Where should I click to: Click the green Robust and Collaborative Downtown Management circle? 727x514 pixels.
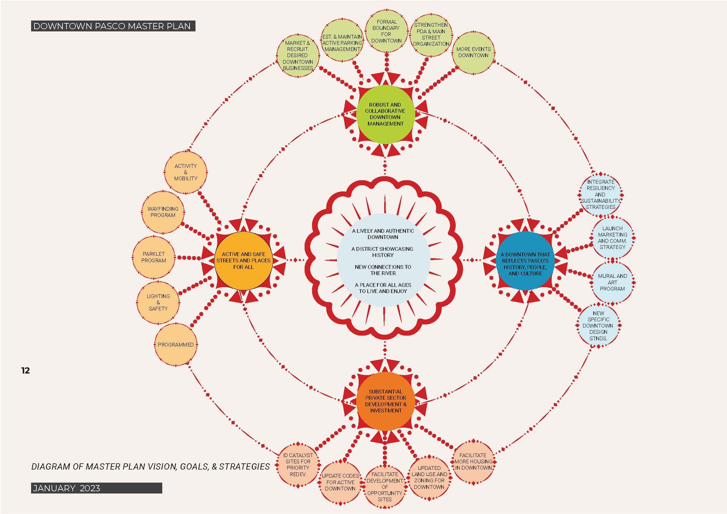[385, 114]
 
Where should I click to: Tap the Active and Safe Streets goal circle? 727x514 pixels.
[243, 260]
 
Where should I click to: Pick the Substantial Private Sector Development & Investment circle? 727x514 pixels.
[385, 401]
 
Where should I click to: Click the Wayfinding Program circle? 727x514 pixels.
[163, 212]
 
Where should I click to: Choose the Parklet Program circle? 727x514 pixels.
[154, 257]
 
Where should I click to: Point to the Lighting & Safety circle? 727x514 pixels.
[158, 302]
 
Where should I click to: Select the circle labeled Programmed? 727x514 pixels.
[175, 345]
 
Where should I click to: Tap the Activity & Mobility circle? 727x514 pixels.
[186, 172]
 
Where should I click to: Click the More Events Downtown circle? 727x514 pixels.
[473, 53]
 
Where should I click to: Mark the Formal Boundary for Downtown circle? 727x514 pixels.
[386, 31]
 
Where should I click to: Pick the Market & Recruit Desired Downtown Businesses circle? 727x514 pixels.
[298, 55]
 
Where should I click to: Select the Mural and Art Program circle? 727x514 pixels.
[612, 282]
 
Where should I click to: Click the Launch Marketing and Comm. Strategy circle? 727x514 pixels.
[612, 238]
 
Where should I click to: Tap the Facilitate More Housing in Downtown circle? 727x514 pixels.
[473, 461]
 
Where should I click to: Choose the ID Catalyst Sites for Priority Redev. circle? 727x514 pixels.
[298, 465]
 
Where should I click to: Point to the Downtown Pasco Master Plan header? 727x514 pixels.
[113, 26]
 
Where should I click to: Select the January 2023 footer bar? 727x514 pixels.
[96, 488]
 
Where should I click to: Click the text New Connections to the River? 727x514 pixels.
[383, 270]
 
